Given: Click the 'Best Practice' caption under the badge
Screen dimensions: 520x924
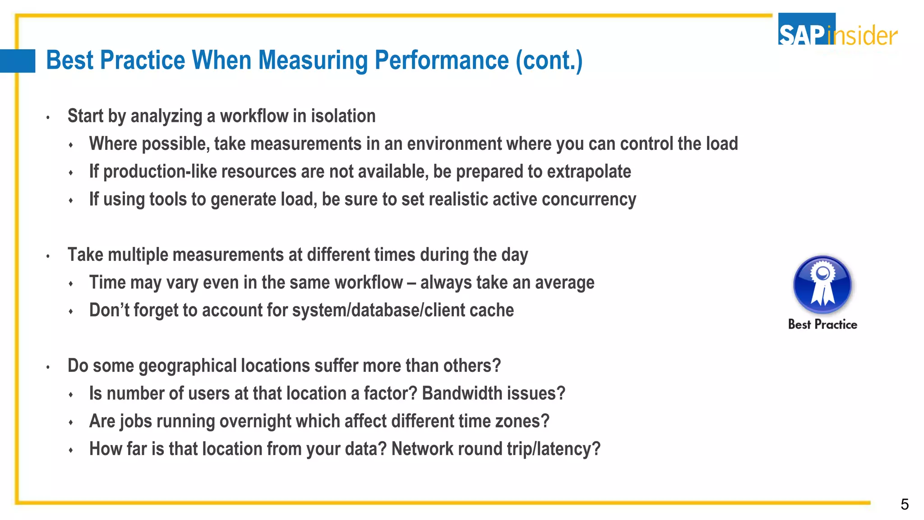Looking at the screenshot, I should (x=822, y=325).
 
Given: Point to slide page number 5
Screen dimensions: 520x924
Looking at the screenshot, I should (x=904, y=504).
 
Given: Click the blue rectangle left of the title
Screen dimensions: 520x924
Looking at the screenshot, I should (x=18, y=61).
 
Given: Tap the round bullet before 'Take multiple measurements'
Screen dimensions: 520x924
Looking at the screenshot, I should (x=48, y=256).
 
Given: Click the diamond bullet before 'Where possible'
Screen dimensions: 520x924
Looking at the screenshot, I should (x=71, y=145).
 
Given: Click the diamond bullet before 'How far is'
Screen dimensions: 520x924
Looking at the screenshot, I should (x=71, y=450).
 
